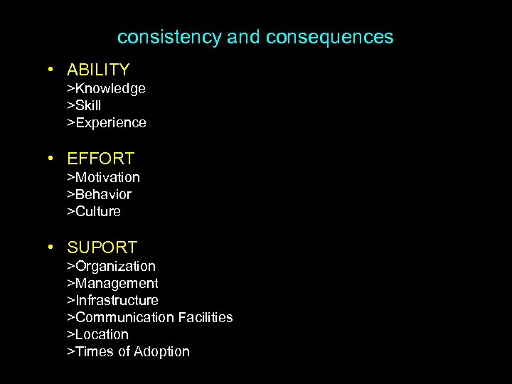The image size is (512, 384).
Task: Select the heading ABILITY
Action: [x=98, y=70]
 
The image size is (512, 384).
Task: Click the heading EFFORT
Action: [x=100, y=159]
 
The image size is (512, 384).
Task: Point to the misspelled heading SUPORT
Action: [x=102, y=247]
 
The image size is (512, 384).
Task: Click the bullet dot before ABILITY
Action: [x=51, y=70]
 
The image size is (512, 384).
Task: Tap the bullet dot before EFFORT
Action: [x=51, y=159]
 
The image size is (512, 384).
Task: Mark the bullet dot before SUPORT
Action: [x=51, y=248]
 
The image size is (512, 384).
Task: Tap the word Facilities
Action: [x=206, y=317]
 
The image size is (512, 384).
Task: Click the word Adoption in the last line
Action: [x=163, y=351]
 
